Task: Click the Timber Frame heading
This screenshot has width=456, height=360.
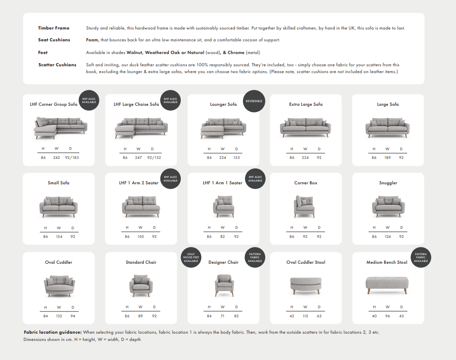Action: click(x=54, y=28)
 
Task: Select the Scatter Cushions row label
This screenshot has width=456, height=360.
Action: click(x=57, y=65)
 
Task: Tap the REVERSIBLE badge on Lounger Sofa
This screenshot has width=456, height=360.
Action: click(x=253, y=101)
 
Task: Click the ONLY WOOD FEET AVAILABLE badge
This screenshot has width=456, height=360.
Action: click(x=191, y=258)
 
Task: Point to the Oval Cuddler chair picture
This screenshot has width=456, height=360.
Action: click(x=59, y=285)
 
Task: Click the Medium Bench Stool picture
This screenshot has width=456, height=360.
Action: click(x=387, y=283)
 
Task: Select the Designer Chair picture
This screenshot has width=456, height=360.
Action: click(x=223, y=285)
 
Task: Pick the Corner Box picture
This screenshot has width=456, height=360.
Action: click(x=305, y=206)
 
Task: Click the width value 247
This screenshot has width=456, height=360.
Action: click(x=139, y=158)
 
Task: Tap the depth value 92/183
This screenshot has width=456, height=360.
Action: click(x=73, y=158)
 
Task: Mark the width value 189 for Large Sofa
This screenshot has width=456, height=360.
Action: click(x=387, y=158)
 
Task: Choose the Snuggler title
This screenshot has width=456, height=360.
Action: click(x=388, y=183)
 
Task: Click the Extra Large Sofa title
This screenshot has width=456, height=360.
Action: click(x=306, y=104)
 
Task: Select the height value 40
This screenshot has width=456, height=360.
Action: click(x=374, y=316)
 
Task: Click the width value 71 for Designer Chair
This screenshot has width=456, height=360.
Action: click(x=223, y=316)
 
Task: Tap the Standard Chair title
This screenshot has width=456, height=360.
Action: click(x=141, y=262)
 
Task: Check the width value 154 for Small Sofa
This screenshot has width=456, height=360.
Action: click(x=59, y=237)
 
